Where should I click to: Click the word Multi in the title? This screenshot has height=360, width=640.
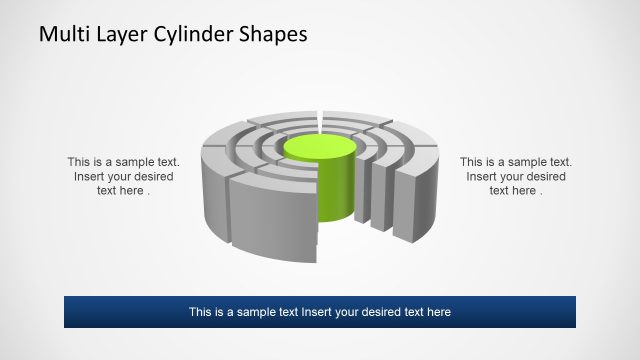point(62,34)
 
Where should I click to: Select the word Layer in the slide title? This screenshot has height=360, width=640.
point(117,34)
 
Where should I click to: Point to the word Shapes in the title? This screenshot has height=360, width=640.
point(269,34)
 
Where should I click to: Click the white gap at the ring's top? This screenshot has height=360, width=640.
point(320,121)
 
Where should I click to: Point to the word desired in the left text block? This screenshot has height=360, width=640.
point(152,177)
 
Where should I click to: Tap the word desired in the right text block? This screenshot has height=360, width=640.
point(544,177)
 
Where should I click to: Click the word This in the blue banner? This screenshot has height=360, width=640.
point(201,312)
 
